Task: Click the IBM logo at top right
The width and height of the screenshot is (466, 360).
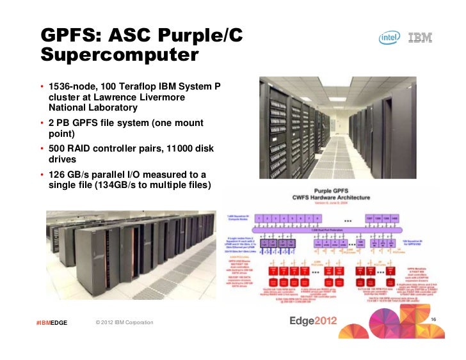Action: (420, 38)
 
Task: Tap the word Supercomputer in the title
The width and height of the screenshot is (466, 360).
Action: (116, 56)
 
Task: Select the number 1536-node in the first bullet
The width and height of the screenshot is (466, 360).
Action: (72, 86)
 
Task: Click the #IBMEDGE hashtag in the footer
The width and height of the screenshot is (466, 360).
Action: (52, 322)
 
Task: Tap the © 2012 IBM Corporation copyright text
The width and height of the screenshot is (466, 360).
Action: (124, 322)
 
